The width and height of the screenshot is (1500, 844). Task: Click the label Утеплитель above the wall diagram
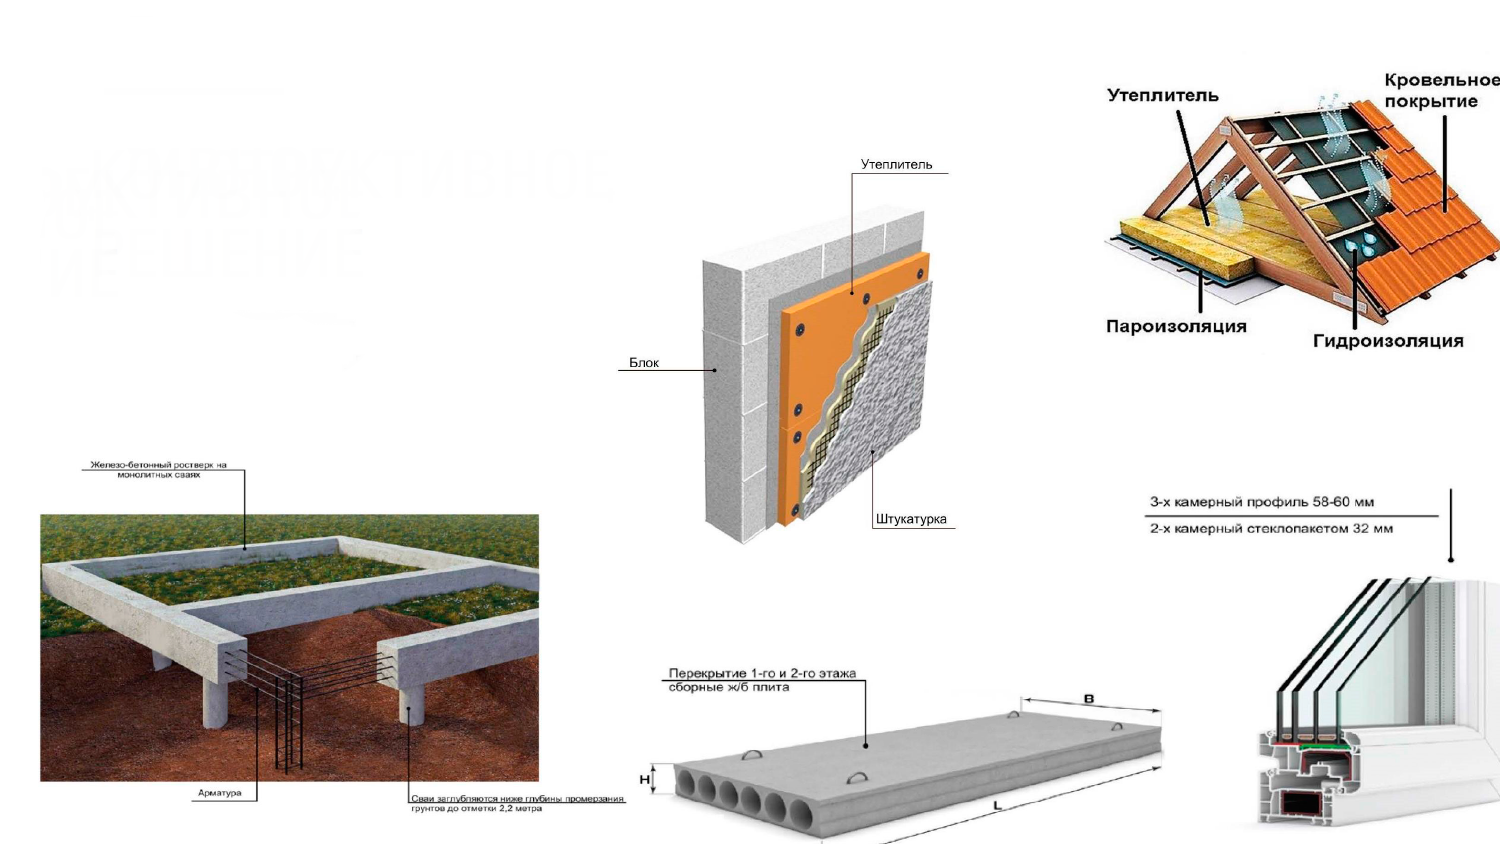tap(896, 165)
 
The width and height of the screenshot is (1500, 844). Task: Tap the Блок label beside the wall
tap(644, 363)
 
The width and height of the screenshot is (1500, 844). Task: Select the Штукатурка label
tap(910, 519)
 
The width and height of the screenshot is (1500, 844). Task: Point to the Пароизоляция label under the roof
tap(1176, 326)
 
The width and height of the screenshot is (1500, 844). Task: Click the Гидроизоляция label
tap(1388, 341)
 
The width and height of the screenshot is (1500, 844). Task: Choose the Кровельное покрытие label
tap(1440, 91)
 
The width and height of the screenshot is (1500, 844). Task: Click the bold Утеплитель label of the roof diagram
tap(1163, 96)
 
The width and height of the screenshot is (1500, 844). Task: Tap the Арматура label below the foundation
tap(220, 793)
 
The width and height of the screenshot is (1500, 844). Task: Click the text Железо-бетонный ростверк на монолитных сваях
tap(159, 469)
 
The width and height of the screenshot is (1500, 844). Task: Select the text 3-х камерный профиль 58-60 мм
tap(1261, 502)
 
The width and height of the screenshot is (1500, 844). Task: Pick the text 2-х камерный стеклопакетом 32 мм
tap(1271, 529)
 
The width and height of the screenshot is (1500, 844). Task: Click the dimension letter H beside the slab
tap(645, 780)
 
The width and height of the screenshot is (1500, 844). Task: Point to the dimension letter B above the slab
tap(1089, 699)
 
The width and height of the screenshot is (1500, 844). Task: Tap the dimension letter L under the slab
tap(997, 806)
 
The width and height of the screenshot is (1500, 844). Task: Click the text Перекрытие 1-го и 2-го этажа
tap(762, 674)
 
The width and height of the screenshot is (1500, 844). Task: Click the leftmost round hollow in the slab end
tap(686, 783)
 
